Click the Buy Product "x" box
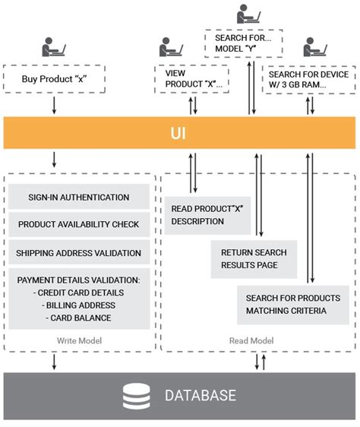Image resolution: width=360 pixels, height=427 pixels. pos(53,78)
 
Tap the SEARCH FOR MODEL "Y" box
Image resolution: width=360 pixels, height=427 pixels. pos(244,43)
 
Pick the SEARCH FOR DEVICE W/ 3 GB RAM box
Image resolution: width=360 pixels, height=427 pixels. pos(308,79)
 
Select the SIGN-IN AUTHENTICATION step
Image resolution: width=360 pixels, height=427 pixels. pos(79,198)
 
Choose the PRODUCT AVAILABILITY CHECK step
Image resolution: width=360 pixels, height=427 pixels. pos(79,225)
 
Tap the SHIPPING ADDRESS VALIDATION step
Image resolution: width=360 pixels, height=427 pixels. pos(79,253)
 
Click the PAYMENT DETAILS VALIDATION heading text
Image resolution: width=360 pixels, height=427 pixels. pos(79,280)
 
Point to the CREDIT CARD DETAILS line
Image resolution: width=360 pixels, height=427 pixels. pos(79,293)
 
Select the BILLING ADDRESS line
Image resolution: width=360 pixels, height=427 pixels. pos(79,305)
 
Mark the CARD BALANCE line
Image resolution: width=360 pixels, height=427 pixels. pos(79,318)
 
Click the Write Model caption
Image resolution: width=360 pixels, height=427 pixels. pos(79,340)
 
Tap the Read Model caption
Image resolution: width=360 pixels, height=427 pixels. pos(251,340)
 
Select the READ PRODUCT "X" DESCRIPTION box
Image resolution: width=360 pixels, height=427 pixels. pos(197,215)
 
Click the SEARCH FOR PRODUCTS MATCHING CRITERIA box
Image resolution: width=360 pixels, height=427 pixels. pos(292,304)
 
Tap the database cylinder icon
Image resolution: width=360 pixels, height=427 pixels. pos(135,395)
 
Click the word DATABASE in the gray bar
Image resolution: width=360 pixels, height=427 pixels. pos(200,396)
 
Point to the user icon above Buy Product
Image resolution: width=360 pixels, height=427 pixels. pos(54,49)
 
